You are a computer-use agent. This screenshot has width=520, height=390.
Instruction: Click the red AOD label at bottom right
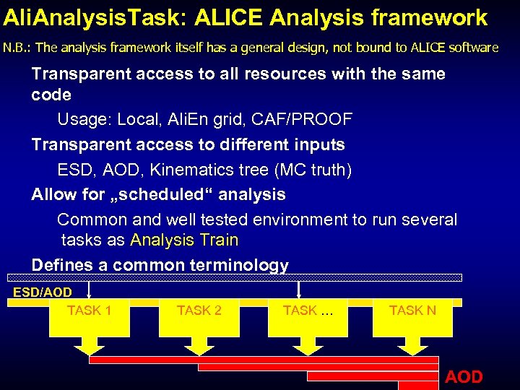464,376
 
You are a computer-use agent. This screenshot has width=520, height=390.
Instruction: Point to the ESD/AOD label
43,292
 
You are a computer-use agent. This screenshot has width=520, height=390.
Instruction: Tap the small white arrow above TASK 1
88,289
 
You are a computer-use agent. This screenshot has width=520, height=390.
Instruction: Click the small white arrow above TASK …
298,289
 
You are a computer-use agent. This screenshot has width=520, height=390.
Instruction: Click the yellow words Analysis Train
183,240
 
